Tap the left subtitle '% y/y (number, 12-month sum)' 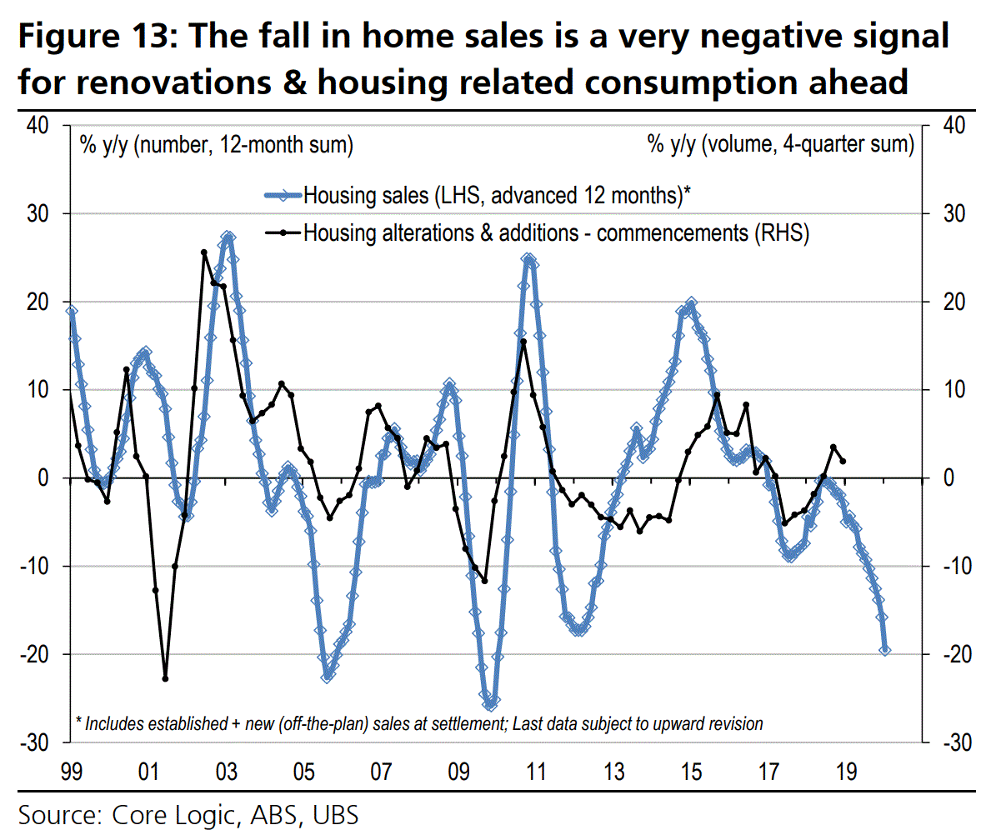pyautogui.click(x=216, y=145)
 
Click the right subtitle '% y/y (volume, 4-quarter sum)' pyautogui.click(x=780, y=145)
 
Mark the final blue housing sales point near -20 pyautogui.click(x=885, y=650)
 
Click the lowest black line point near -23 pyautogui.click(x=165, y=678)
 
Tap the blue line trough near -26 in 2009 pyautogui.click(x=490, y=705)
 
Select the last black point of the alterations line pyautogui.click(x=843, y=461)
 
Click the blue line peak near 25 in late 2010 pyautogui.click(x=528, y=259)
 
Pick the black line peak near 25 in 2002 pyautogui.click(x=204, y=252)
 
